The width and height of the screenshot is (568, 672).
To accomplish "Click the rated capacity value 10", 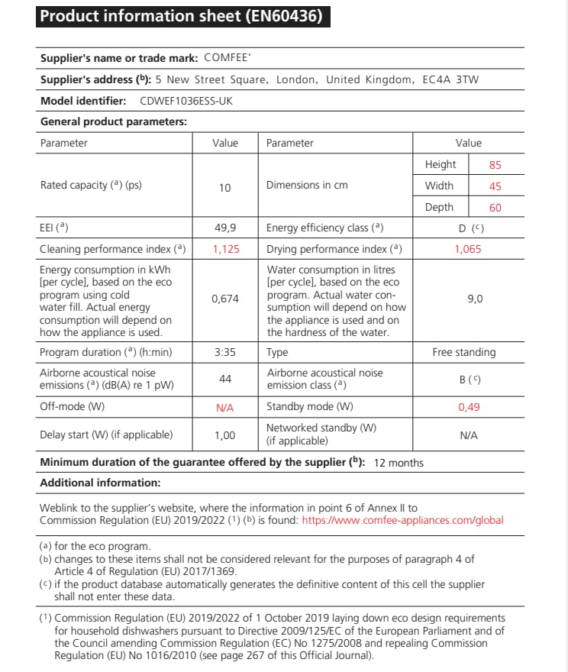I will (224, 188).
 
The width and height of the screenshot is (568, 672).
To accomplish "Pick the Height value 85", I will (495, 165).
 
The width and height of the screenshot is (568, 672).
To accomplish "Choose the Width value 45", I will (495, 186).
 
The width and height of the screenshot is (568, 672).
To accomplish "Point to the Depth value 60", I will (495, 208).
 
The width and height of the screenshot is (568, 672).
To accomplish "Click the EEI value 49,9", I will (224, 228).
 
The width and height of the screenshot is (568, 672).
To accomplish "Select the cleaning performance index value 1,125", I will (224, 249).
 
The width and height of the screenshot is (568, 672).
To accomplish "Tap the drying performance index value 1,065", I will (468, 249).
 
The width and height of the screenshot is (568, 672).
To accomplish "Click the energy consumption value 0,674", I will (224, 299).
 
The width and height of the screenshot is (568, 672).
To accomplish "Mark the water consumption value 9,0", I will (474, 299).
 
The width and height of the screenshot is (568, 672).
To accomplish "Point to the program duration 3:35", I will (224, 353).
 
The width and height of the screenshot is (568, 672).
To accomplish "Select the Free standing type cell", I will (463, 353).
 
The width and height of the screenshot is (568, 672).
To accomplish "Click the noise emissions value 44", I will (224, 380).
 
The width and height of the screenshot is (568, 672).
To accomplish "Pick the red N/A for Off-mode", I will (224, 408).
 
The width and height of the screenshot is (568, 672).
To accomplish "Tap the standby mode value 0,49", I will (469, 408).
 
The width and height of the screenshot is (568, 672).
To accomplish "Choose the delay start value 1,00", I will (224, 435).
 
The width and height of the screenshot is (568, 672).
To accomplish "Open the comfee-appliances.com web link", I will (402, 521).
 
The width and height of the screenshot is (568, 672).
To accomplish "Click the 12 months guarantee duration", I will (399, 463).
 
